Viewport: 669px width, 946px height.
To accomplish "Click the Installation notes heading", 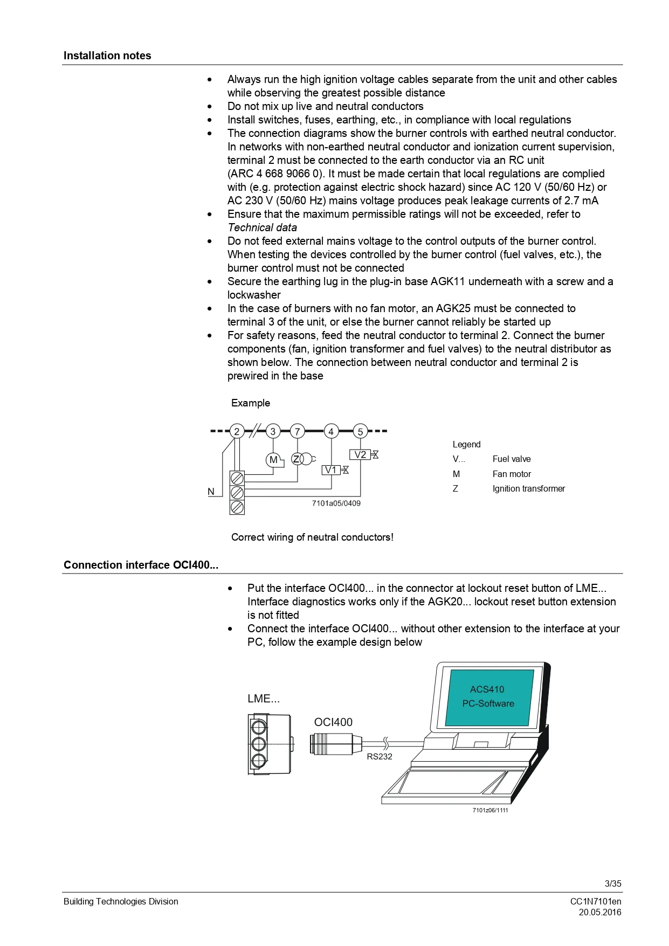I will tap(107, 56).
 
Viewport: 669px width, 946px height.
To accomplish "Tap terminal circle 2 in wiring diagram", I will tap(236, 431).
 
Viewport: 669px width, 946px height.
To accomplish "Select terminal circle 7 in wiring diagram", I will tap(297, 431).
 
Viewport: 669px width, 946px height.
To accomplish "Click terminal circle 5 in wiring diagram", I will tap(360, 431).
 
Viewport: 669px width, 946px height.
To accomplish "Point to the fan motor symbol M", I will tap(274, 460).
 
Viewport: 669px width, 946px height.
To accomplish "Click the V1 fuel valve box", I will tap(331, 470).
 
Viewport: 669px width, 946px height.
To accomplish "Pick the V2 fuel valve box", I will tap(360, 454).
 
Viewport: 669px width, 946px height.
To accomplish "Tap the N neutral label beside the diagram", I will tap(211, 492).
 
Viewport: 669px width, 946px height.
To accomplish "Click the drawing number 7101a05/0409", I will tap(336, 503).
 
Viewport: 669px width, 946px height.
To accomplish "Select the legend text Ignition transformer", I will tap(528, 489).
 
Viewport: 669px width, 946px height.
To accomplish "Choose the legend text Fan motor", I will tap(512, 474).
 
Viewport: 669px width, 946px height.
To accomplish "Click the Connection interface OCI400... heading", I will tap(141, 565).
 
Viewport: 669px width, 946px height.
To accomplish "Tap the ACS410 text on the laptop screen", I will tap(487, 689).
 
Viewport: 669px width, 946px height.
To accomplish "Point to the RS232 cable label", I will tap(380, 757).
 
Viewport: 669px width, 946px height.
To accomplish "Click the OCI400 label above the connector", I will tap(333, 722).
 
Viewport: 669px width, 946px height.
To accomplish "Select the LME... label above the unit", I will tap(264, 699).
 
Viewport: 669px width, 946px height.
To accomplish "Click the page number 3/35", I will tap(613, 883).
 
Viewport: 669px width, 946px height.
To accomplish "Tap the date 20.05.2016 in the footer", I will tap(600, 912).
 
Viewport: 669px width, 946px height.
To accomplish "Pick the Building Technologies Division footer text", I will tap(121, 901).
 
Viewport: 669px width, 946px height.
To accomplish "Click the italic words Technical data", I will tap(262, 227).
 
